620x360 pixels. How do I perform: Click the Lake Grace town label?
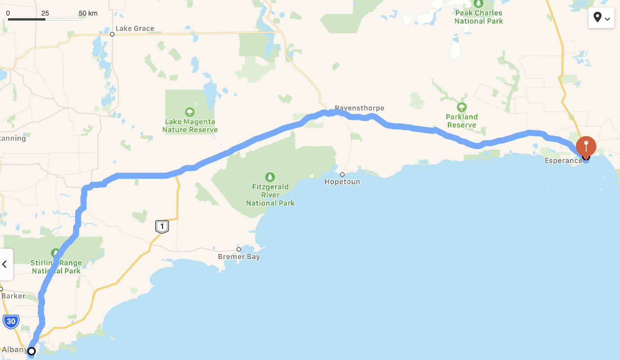[x=135, y=29]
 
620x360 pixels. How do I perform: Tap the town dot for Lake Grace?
[x=112, y=34]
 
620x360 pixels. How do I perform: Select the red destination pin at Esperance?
[x=586, y=146]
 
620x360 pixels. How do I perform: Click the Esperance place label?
[x=563, y=161]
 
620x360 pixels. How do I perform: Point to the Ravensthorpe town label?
[x=359, y=108]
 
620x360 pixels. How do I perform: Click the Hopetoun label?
[x=342, y=182]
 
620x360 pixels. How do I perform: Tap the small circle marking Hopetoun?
[x=342, y=174]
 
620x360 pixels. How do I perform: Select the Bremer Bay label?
[x=239, y=257]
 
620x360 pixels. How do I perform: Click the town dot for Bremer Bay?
[x=239, y=249]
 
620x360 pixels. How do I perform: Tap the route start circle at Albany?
[x=32, y=351]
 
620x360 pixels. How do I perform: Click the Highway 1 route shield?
[x=162, y=227]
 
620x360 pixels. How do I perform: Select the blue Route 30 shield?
[x=11, y=321]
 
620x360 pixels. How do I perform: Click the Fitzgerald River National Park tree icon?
[x=270, y=177]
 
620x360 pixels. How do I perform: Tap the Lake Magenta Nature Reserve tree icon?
[x=190, y=112]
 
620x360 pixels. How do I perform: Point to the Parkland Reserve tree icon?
[x=462, y=107]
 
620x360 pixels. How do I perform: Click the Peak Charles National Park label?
[x=479, y=17]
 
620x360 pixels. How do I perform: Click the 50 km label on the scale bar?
[x=88, y=13]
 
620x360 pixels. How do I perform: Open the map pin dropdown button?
[x=601, y=18]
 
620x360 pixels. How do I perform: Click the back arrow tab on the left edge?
[x=5, y=264]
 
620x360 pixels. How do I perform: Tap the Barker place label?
[x=13, y=296]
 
